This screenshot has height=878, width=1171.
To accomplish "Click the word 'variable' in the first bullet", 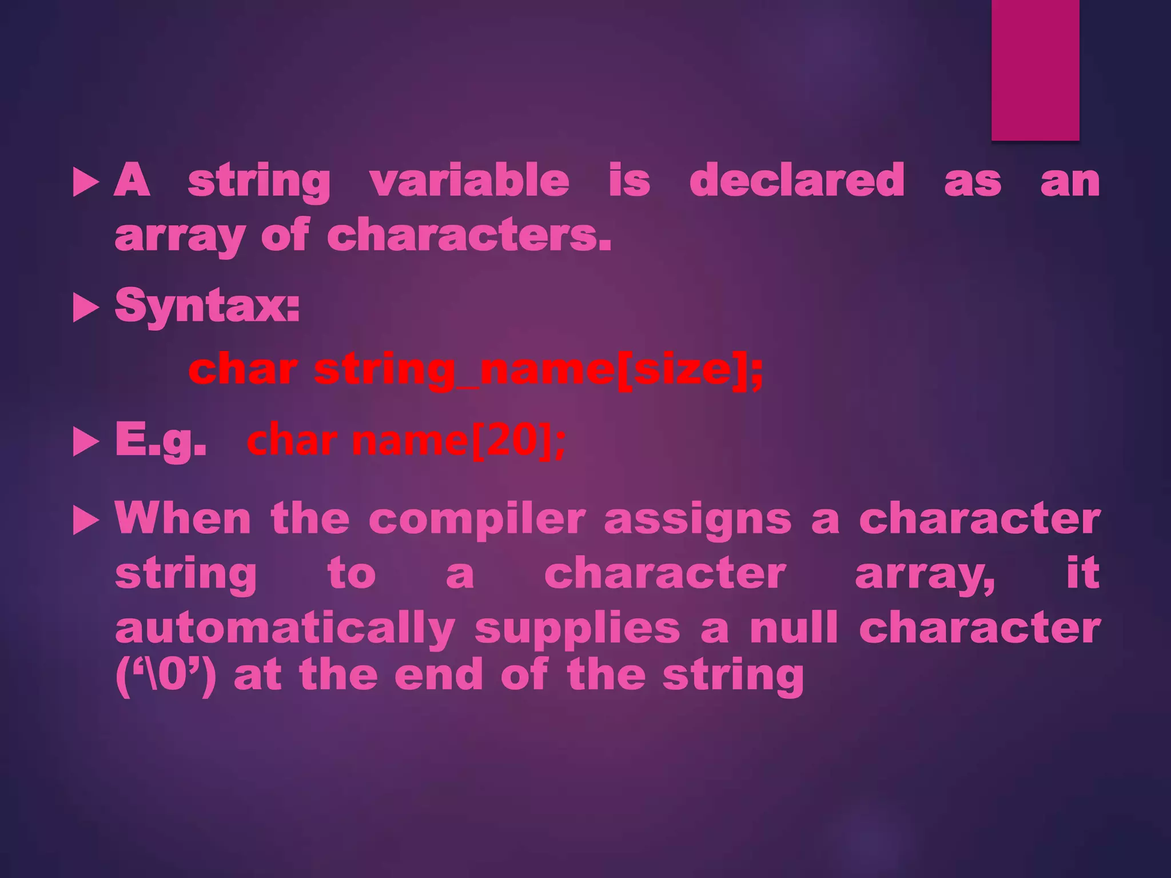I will click(469, 181).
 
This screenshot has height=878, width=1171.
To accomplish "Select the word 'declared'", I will click(796, 181).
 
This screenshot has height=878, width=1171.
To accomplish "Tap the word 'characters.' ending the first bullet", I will click(469, 236).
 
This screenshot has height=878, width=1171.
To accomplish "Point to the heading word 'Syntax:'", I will click(207, 306).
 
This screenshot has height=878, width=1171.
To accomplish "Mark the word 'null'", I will click(794, 628).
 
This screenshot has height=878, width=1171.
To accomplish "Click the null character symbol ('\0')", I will click(166, 676).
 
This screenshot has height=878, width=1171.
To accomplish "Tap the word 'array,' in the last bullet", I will click(925, 574).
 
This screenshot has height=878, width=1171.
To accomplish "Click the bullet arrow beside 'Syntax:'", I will click(86, 309).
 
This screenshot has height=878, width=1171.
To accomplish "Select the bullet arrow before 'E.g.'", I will click(86, 444).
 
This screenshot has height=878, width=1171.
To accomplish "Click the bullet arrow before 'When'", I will click(86, 521).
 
